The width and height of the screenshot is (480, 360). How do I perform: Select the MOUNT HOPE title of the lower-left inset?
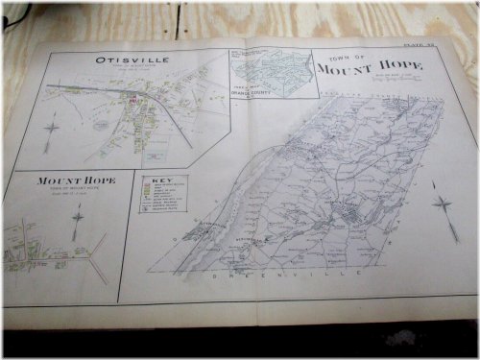(x=77, y=180)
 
